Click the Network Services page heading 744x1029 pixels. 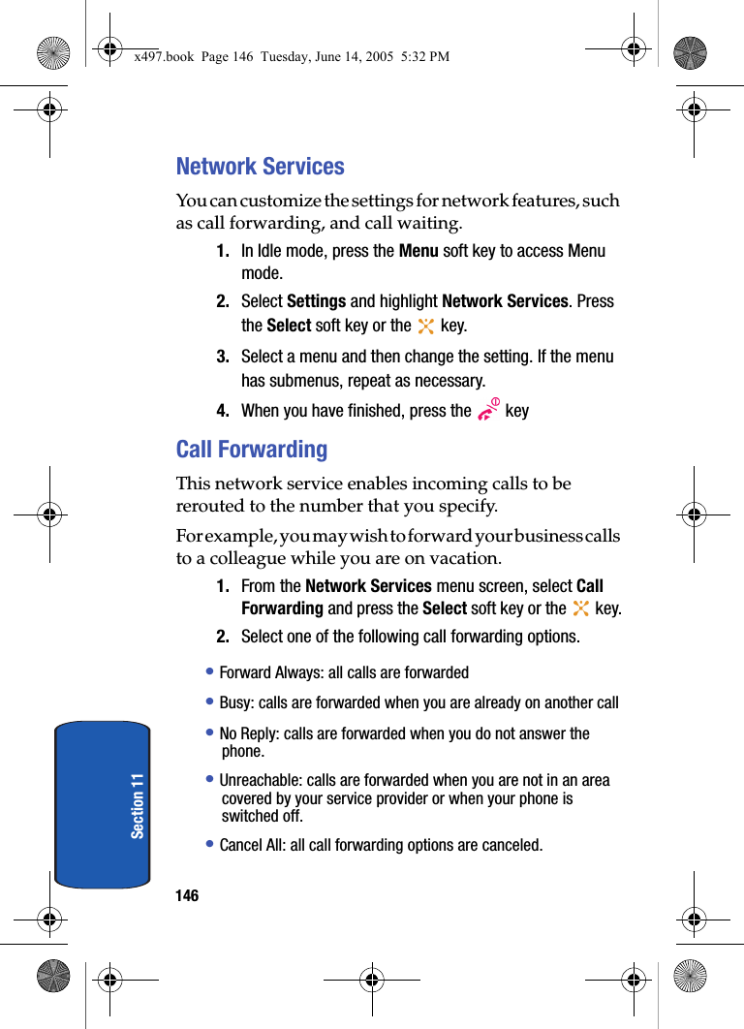tap(260, 167)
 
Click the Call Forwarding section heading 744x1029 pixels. tap(252, 450)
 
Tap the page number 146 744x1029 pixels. tap(187, 895)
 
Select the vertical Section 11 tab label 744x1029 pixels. tap(138, 806)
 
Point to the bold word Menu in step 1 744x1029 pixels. tap(418, 251)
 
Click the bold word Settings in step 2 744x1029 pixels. tap(316, 301)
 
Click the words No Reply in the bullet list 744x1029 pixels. tap(248, 733)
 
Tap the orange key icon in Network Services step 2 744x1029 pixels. tap(425, 327)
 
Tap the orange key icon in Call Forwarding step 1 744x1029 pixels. tap(580, 609)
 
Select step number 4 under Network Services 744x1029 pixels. tap(223, 411)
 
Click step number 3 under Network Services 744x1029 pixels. tap(223, 357)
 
